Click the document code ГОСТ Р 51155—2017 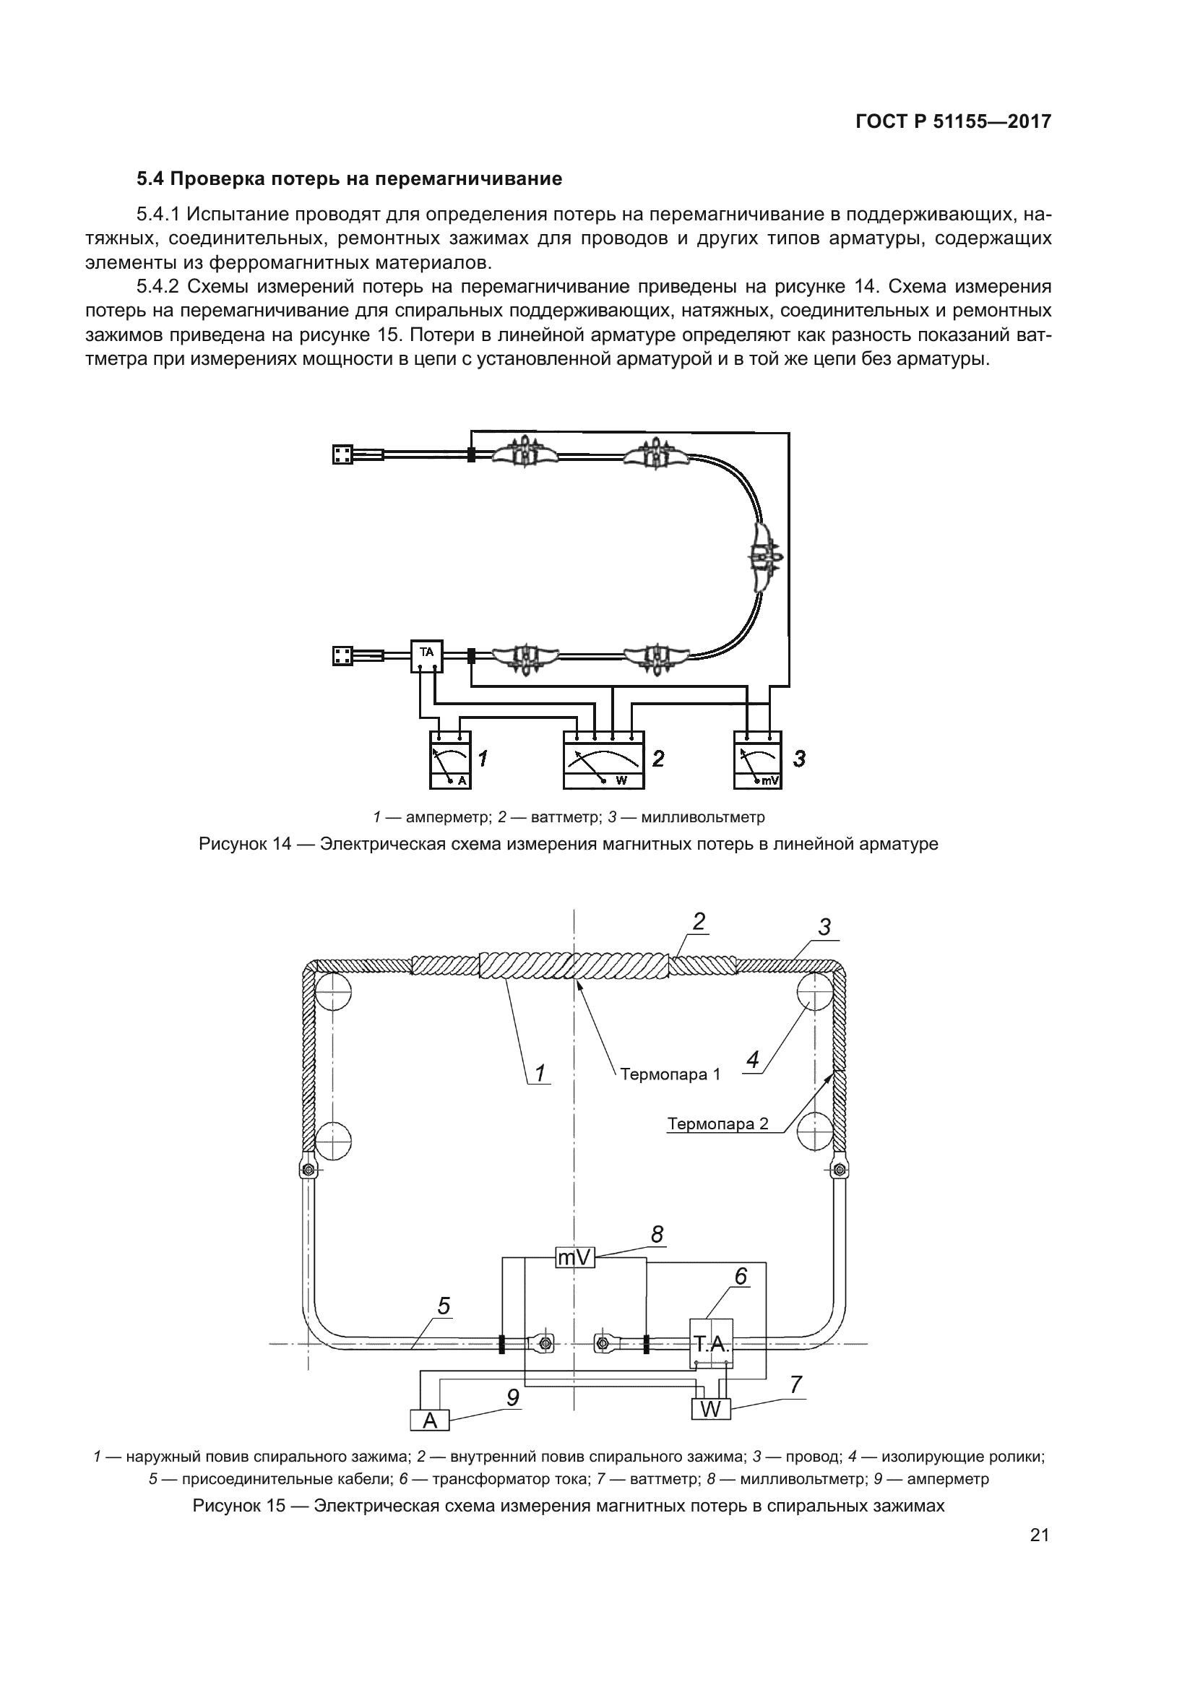click(954, 122)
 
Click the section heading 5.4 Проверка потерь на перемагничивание click(350, 179)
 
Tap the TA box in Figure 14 click(427, 656)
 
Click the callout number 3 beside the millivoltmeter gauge click(800, 759)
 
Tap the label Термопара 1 click(670, 1074)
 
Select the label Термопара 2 click(717, 1124)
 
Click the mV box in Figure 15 click(574, 1258)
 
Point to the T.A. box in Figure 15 click(712, 1344)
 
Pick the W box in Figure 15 click(711, 1409)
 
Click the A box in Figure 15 click(431, 1420)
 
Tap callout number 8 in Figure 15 click(657, 1234)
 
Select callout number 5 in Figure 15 click(444, 1306)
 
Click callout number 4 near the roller click(752, 1061)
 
